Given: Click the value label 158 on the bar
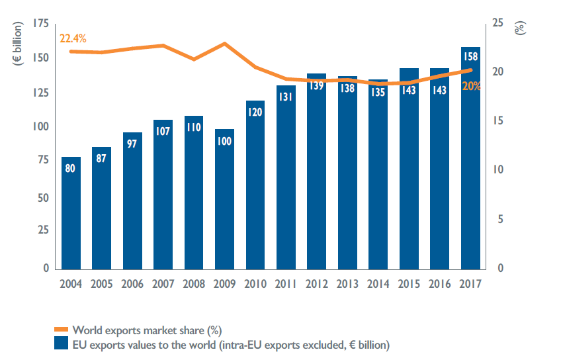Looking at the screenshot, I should pyautogui.click(x=470, y=56).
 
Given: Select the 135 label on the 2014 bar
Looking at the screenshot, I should pyautogui.click(x=378, y=92).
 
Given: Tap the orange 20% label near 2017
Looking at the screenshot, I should pyautogui.click(x=471, y=86).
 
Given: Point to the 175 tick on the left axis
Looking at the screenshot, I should pyautogui.click(x=40, y=24).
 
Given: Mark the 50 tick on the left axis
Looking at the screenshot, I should pyautogui.click(x=43, y=198).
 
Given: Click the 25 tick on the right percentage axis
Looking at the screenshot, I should pyautogui.click(x=497, y=24).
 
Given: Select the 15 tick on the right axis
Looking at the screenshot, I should pyautogui.click(x=497, y=121).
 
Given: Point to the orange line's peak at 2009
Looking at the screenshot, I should pyautogui.click(x=225, y=44).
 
